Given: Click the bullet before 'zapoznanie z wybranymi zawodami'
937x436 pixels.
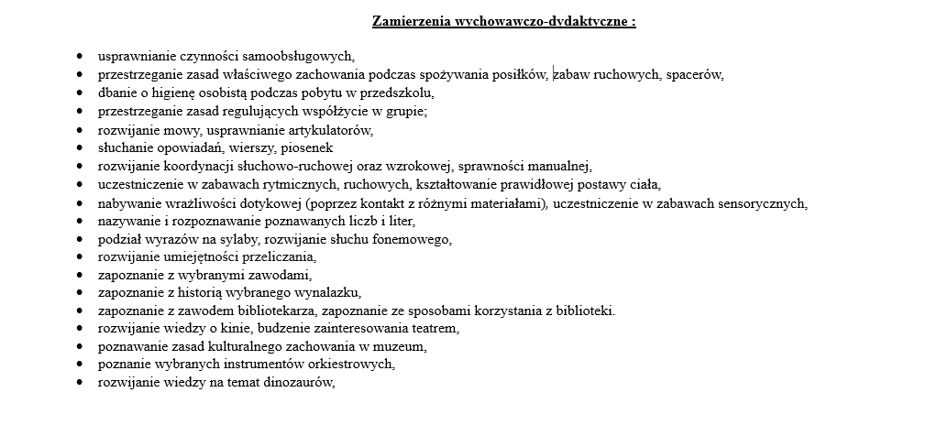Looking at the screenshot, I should (x=80, y=275).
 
